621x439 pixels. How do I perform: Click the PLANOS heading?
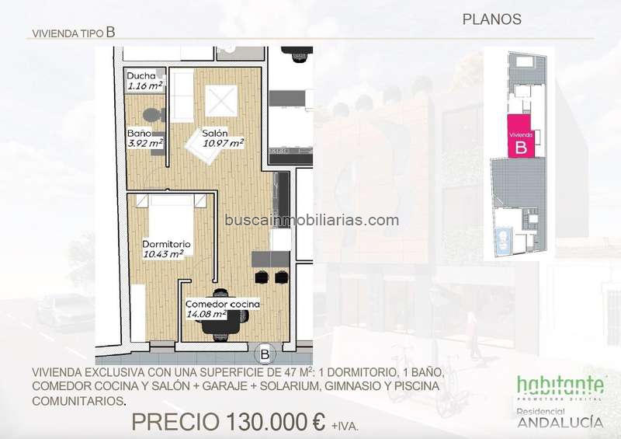pos(492,19)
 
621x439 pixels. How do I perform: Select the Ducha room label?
pos(141,75)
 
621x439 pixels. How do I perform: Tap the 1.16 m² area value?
pos(145,85)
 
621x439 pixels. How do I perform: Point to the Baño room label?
pos(140,133)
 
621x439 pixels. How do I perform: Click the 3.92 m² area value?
pos(145,143)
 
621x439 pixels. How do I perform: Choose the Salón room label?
pos(215,133)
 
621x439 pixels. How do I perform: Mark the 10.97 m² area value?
pos(223,143)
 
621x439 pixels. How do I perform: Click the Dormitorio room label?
pos(166,244)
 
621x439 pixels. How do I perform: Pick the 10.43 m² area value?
pos(163,254)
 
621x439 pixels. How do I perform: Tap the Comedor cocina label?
pos(223,304)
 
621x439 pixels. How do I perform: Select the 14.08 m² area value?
pos(206,314)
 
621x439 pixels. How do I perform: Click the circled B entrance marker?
pos(265,354)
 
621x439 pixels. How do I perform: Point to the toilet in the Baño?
pos(154,116)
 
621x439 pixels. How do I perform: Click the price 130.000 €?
pos(276,422)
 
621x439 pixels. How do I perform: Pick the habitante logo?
pos(560,385)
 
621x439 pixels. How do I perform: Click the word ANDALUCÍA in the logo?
pos(560,423)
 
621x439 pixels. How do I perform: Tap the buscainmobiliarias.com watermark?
pos(312,220)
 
